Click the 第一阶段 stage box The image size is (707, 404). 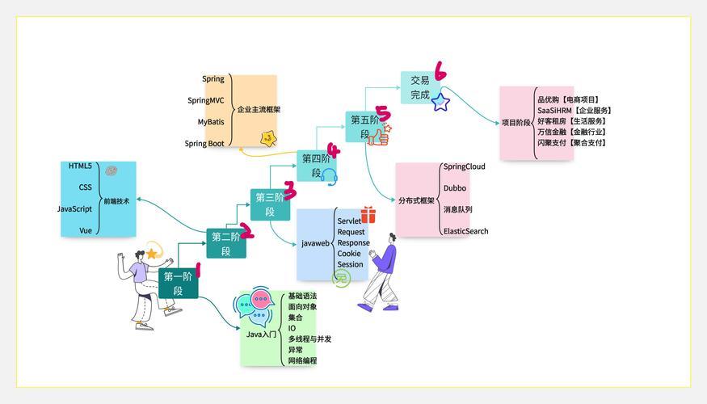coord(178,283)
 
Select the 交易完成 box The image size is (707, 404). coord(420,87)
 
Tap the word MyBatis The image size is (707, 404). coord(211,122)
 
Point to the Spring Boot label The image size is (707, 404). coord(204,143)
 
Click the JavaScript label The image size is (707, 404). coord(74,208)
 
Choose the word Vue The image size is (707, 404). coord(86,230)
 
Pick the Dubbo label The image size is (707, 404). coord(454,188)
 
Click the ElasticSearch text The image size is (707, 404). coord(465,231)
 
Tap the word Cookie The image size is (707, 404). coord(349,254)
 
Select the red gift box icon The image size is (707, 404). coord(368,215)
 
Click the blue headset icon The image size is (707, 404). coord(330,177)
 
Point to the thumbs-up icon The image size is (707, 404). coord(379,135)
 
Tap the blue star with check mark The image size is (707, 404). coord(440,103)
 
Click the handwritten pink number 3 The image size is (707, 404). coord(289,190)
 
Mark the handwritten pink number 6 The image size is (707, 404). coord(440,71)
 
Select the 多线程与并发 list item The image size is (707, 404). coord(309,339)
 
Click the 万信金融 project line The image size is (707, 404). coord(571,133)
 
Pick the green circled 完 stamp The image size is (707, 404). coord(341,278)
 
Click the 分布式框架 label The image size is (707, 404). coord(416,200)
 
